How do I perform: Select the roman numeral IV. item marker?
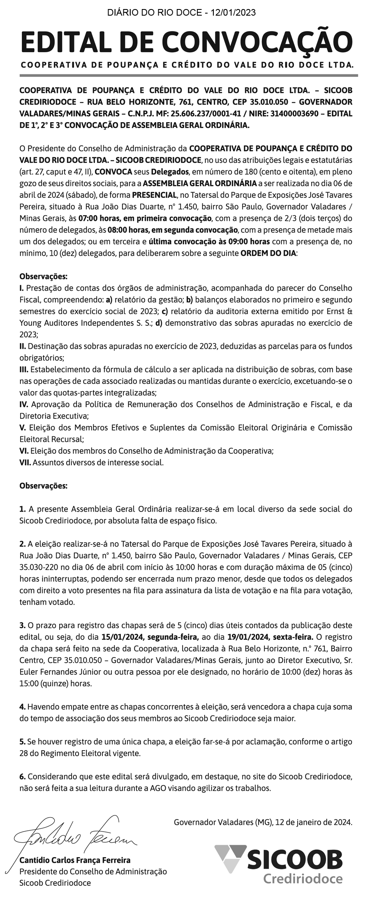pos(24,404)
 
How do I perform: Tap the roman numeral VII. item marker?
pos(25,462)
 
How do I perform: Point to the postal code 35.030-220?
pos(38,568)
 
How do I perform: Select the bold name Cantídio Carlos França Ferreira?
pos(75,860)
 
